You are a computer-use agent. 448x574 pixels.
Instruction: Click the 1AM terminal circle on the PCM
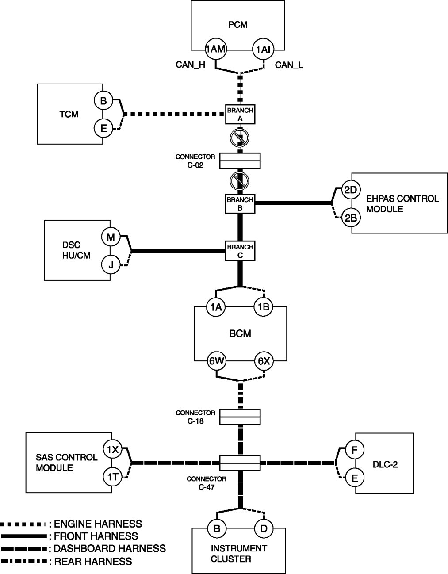tap(216, 50)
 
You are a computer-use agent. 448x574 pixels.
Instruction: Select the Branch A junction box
tap(240, 114)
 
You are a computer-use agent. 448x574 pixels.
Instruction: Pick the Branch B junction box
tap(240, 203)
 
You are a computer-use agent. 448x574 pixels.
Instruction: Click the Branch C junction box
tap(240, 251)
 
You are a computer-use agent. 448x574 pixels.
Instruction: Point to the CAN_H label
tap(190, 65)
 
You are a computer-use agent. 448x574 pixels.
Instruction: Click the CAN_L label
tap(289, 65)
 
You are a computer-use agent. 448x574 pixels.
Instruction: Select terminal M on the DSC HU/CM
tap(110, 237)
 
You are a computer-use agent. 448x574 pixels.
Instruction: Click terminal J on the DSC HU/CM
tap(110, 265)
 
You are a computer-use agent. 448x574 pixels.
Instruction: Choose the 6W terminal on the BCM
tap(217, 361)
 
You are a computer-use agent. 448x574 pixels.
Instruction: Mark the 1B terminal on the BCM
tap(264, 307)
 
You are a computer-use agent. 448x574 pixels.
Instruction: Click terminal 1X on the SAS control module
tap(112, 449)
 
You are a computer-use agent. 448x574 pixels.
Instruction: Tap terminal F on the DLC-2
tap(354, 450)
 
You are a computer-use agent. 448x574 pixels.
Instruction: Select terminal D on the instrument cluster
tap(264, 528)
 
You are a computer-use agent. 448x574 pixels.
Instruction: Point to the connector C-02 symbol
tap(239, 161)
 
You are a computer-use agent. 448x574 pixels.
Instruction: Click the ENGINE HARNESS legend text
tap(98, 524)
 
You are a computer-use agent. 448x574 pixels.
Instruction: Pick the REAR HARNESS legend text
tap(93, 561)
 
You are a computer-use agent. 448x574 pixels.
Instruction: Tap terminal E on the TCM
tap(103, 129)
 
